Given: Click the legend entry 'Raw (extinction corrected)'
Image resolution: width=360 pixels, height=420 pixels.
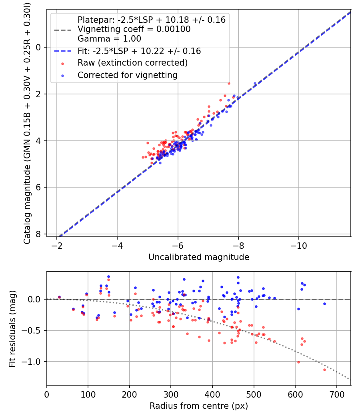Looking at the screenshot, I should point(132,63).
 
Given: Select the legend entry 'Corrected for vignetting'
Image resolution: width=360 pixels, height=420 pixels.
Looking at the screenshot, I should point(128,75).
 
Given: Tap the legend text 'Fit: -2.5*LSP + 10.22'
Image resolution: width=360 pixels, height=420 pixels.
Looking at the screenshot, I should point(139,51).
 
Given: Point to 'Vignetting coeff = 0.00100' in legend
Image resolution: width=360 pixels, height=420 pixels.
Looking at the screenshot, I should point(134,29).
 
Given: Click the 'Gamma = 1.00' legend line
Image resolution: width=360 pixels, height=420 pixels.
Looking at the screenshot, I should point(109,39).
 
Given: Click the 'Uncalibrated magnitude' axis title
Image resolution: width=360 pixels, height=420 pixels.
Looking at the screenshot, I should point(199,257).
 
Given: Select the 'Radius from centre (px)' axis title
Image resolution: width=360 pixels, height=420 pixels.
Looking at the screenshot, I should point(199,406).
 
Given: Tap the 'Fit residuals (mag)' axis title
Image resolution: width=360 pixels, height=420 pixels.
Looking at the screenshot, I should point(12,328).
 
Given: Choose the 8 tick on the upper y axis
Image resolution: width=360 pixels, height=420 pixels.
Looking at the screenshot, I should point(39,234).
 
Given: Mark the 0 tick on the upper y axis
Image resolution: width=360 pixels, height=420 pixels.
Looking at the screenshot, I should point(39,47).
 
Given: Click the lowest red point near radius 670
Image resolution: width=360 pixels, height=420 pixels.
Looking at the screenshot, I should point(324,370).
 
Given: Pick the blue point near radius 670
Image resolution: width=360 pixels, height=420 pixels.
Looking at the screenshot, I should point(324,304).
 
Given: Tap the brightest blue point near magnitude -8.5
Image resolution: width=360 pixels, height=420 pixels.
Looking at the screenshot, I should point(255,83).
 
